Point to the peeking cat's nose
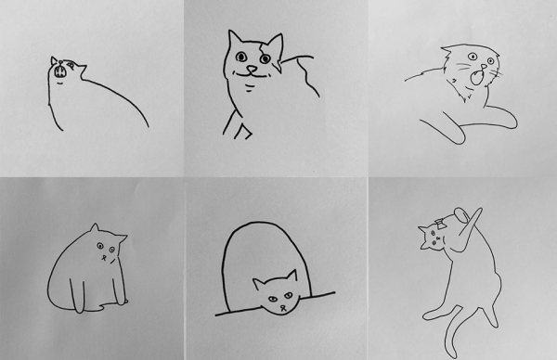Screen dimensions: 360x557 click(276, 305)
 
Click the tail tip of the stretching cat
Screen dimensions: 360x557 click(446, 354)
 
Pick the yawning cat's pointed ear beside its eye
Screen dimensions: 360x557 click(54, 61)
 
